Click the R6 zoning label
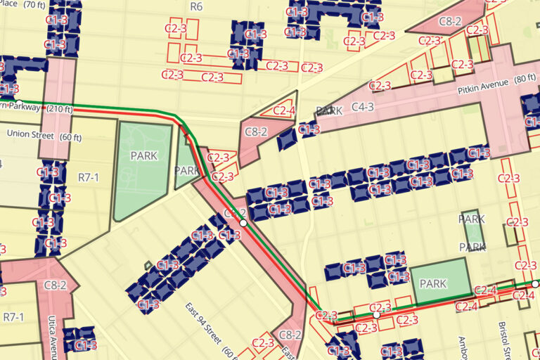pyautogui.click(x=196, y=6)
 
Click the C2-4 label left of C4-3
pyautogui.click(x=284, y=110)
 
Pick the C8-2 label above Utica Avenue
pyautogui.click(x=55, y=285)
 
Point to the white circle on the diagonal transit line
pyautogui.click(x=243, y=222)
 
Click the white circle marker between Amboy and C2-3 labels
pyautogui.click(x=376, y=316)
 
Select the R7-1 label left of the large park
pyautogui.click(x=88, y=177)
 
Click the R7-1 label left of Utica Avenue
pyautogui.click(x=13, y=317)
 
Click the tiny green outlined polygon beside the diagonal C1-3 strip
pyautogui.click(x=147, y=265)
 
